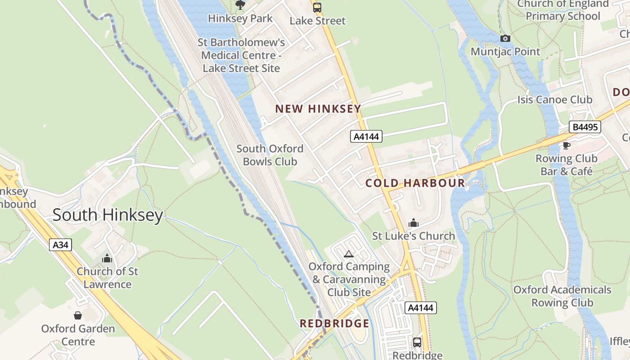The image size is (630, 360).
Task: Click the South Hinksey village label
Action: pyautogui.click(x=108, y=215)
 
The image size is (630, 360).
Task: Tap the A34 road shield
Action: pyautogui.click(x=60, y=245)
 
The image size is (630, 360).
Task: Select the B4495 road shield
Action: pyautogui.click(x=585, y=127)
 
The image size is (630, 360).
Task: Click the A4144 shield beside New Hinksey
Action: pyautogui.click(x=366, y=136)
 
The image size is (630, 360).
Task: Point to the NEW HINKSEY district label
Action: pyautogui.click(x=318, y=109)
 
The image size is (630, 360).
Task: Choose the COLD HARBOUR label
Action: pyautogui.click(x=415, y=183)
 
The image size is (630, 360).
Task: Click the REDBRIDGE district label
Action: pyautogui.click(x=334, y=324)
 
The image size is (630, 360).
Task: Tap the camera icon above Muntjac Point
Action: pyautogui.click(x=505, y=39)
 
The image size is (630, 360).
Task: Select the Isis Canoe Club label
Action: pyautogui.click(x=554, y=99)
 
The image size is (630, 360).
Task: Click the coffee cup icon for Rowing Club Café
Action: pyautogui.click(x=566, y=145)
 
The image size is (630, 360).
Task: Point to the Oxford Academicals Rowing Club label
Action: pyautogui.click(x=562, y=296)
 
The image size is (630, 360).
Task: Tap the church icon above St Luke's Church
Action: pyautogui.click(x=413, y=223)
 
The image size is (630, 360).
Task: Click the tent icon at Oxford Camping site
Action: pyautogui.click(x=348, y=254)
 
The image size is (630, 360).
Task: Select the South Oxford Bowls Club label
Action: pyautogui.click(x=270, y=155)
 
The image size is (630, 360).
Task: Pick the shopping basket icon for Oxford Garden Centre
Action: pyautogui.click(x=78, y=315)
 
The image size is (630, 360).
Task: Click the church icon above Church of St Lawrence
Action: pyautogui.click(x=107, y=258)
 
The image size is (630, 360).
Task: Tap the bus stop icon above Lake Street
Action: pyautogui.click(x=317, y=7)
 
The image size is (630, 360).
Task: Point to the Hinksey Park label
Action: pyautogui.click(x=240, y=18)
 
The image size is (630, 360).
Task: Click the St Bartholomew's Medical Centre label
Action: pyautogui.click(x=241, y=55)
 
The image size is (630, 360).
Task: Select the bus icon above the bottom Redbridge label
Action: pyautogui.click(x=417, y=342)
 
